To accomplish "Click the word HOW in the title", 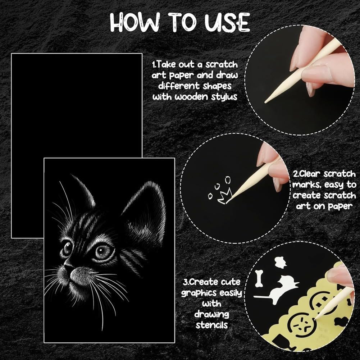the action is (x=135, y=22).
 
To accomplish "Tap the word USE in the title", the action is (x=227, y=22).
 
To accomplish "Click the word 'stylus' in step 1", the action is (x=224, y=97).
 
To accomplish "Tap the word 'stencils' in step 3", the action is (x=212, y=325).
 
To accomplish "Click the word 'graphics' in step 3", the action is (x=199, y=293).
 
